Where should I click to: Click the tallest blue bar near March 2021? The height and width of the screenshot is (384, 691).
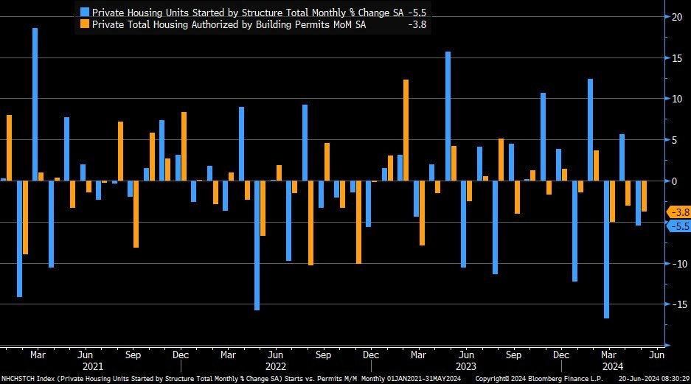(35, 104)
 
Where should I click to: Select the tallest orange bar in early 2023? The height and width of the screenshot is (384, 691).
(406, 130)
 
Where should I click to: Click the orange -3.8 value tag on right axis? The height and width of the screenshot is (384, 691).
(678, 212)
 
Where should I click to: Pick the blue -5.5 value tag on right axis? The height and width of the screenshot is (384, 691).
(678, 226)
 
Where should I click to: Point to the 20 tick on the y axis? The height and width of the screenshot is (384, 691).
(676, 16)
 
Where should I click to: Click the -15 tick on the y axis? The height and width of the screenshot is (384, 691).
(676, 304)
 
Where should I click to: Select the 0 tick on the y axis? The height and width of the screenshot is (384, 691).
(673, 181)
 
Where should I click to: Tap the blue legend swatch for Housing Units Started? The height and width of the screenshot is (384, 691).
(85, 12)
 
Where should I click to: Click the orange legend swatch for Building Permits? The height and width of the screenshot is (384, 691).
(85, 24)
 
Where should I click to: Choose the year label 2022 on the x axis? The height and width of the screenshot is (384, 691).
(276, 366)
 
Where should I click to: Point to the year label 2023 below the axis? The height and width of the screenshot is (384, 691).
(466, 366)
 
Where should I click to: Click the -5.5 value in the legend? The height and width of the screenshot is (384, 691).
(417, 12)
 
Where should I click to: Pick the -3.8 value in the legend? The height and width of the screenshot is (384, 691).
(417, 24)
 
